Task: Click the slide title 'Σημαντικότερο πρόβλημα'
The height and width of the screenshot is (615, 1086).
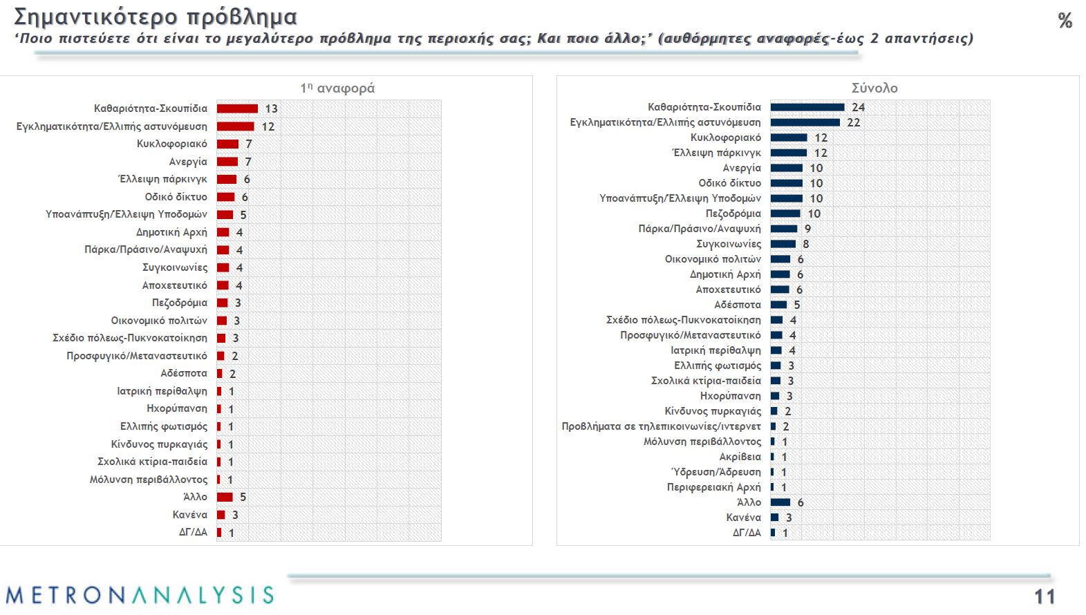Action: [x=155, y=17]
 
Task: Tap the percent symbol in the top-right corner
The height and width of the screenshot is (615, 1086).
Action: [x=1065, y=21]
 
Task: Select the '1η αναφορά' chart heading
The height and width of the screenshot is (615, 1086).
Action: [x=337, y=88]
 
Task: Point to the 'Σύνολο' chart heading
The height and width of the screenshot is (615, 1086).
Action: [x=874, y=88]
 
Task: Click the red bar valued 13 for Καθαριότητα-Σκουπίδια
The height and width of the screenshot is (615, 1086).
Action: [x=237, y=108]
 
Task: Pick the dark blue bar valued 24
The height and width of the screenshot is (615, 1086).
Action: [x=807, y=107]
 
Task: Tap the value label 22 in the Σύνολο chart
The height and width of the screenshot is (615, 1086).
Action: [x=854, y=122]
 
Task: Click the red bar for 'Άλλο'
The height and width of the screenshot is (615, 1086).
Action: [x=225, y=497]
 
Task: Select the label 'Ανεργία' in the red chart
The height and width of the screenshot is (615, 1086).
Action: [x=188, y=162]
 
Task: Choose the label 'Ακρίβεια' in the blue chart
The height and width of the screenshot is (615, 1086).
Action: [x=740, y=457]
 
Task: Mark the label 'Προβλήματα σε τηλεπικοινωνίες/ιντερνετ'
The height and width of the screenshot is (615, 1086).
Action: [x=661, y=426]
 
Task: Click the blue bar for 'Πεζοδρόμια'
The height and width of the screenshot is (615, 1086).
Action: [x=785, y=214]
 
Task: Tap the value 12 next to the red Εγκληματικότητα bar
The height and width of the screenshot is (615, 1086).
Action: [x=268, y=126]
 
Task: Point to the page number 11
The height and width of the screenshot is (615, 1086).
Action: [x=1044, y=597]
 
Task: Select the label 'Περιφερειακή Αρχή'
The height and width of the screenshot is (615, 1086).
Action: [x=713, y=487]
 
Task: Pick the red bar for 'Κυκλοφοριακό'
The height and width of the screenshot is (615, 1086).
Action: [x=227, y=144]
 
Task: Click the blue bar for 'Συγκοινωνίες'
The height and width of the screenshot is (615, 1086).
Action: [x=783, y=244]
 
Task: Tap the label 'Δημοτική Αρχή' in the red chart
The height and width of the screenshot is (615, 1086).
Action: [x=171, y=232]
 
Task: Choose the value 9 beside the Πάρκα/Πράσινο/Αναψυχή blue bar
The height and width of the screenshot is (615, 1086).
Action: [x=807, y=229]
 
